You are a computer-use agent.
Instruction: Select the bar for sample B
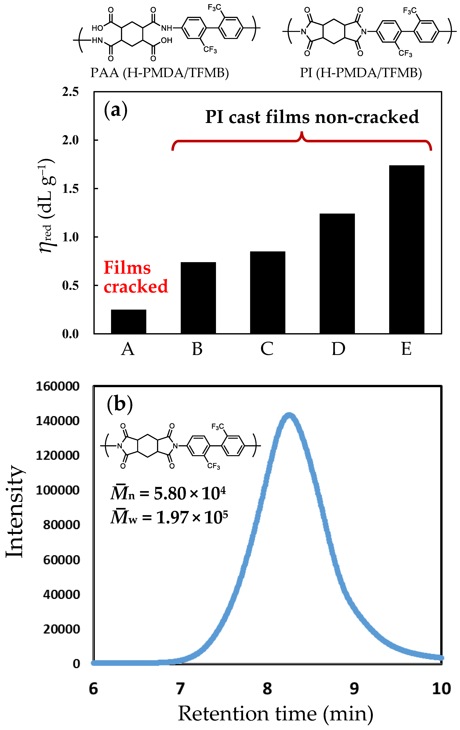[198, 298]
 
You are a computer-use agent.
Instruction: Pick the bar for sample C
[268, 293]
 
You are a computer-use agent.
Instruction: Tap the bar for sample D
[337, 274]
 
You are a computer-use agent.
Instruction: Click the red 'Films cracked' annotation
[135, 277]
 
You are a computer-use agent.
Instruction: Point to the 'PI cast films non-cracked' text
[312, 117]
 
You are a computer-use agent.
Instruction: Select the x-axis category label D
[338, 349]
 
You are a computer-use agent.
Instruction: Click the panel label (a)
[116, 110]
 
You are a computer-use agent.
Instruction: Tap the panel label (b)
[120, 404]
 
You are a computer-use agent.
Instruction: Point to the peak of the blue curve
[289, 415]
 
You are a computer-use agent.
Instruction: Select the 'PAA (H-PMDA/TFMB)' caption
[159, 73]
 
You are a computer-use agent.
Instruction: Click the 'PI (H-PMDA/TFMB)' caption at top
[361, 73]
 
